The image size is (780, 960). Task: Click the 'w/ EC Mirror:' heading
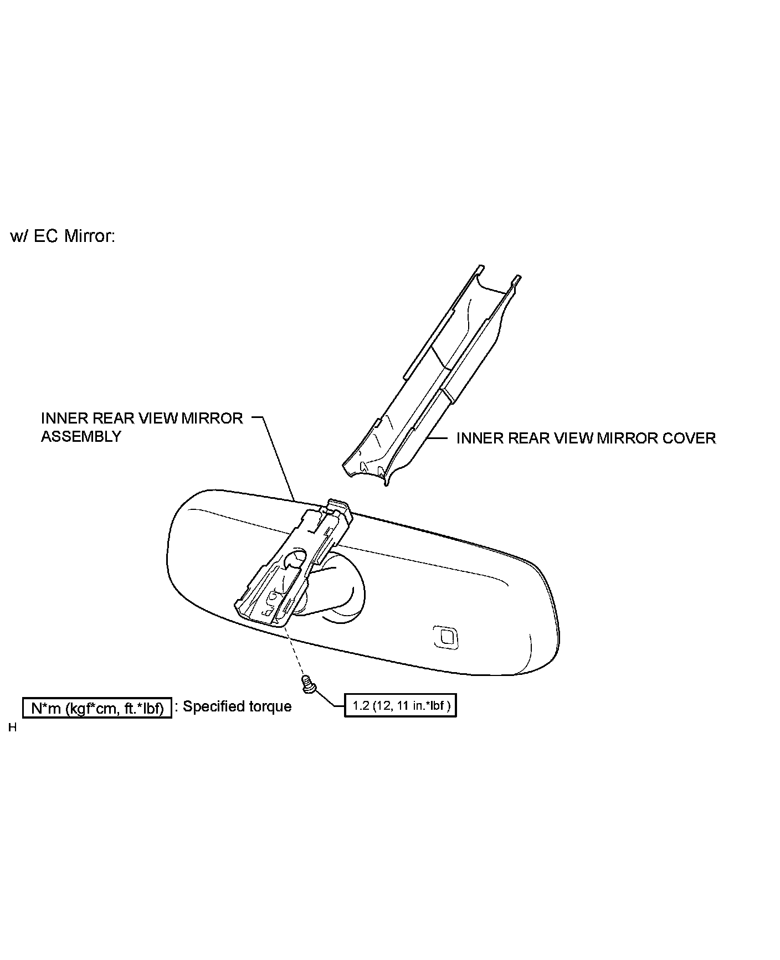click(63, 236)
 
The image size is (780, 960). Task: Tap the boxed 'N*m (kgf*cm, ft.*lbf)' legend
click(97, 708)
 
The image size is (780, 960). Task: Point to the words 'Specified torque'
click(237, 706)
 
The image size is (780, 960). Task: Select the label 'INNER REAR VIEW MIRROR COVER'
click(586, 438)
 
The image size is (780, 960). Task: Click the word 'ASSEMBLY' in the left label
click(81, 437)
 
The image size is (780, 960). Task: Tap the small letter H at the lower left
click(12, 728)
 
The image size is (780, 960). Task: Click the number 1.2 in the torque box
click(361, 706)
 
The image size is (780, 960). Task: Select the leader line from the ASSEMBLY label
click(277, 460)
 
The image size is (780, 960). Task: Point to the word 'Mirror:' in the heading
click(89, 236)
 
